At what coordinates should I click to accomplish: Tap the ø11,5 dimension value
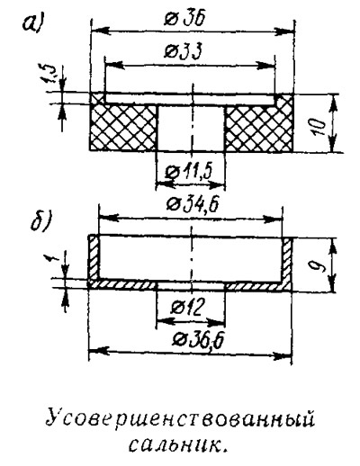point(191,172)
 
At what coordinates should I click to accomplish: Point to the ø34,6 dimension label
point(193,205)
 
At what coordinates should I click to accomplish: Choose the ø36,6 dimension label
point(199,341)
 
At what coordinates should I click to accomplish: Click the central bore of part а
point(191,128)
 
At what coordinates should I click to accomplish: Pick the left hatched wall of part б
point(94,258)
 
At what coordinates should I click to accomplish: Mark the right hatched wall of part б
point(286,259)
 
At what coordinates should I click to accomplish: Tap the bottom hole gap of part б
point(191,285)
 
